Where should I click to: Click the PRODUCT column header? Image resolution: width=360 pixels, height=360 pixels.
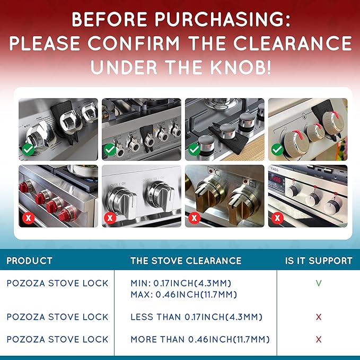click(x=29, y=261)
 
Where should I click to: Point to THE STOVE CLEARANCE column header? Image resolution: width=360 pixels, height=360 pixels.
click(x=186, y=261)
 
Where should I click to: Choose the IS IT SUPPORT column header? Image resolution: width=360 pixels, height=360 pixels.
click(x=319, y=261)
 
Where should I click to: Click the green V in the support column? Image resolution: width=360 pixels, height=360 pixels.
click(x=319, y=283)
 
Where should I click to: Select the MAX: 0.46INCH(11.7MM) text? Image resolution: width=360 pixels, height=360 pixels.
click(x=183, y=294)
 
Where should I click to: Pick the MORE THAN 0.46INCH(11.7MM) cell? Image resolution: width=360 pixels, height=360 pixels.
click(x=200, y=339)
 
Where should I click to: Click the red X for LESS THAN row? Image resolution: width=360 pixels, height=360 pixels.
click(x=319, y=317)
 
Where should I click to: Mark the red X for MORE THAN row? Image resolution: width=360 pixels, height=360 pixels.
click(x=319, y=339)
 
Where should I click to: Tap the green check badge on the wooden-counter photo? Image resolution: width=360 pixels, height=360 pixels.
click(x=194, y=151)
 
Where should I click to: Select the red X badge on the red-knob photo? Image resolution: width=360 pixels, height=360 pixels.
click(x=27, y=217)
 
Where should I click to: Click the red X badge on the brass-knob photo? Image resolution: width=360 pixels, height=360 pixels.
click(x=194, y=217)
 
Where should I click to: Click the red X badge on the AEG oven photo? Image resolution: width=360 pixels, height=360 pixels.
click(x=277, y=217)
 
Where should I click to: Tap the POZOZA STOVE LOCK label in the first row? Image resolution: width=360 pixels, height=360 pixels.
click(x=57, y=283)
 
